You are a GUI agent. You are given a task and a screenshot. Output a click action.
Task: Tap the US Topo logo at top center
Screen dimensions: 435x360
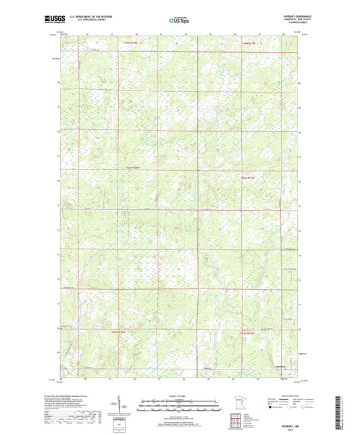pyautogui.click(x=178, y=20)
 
